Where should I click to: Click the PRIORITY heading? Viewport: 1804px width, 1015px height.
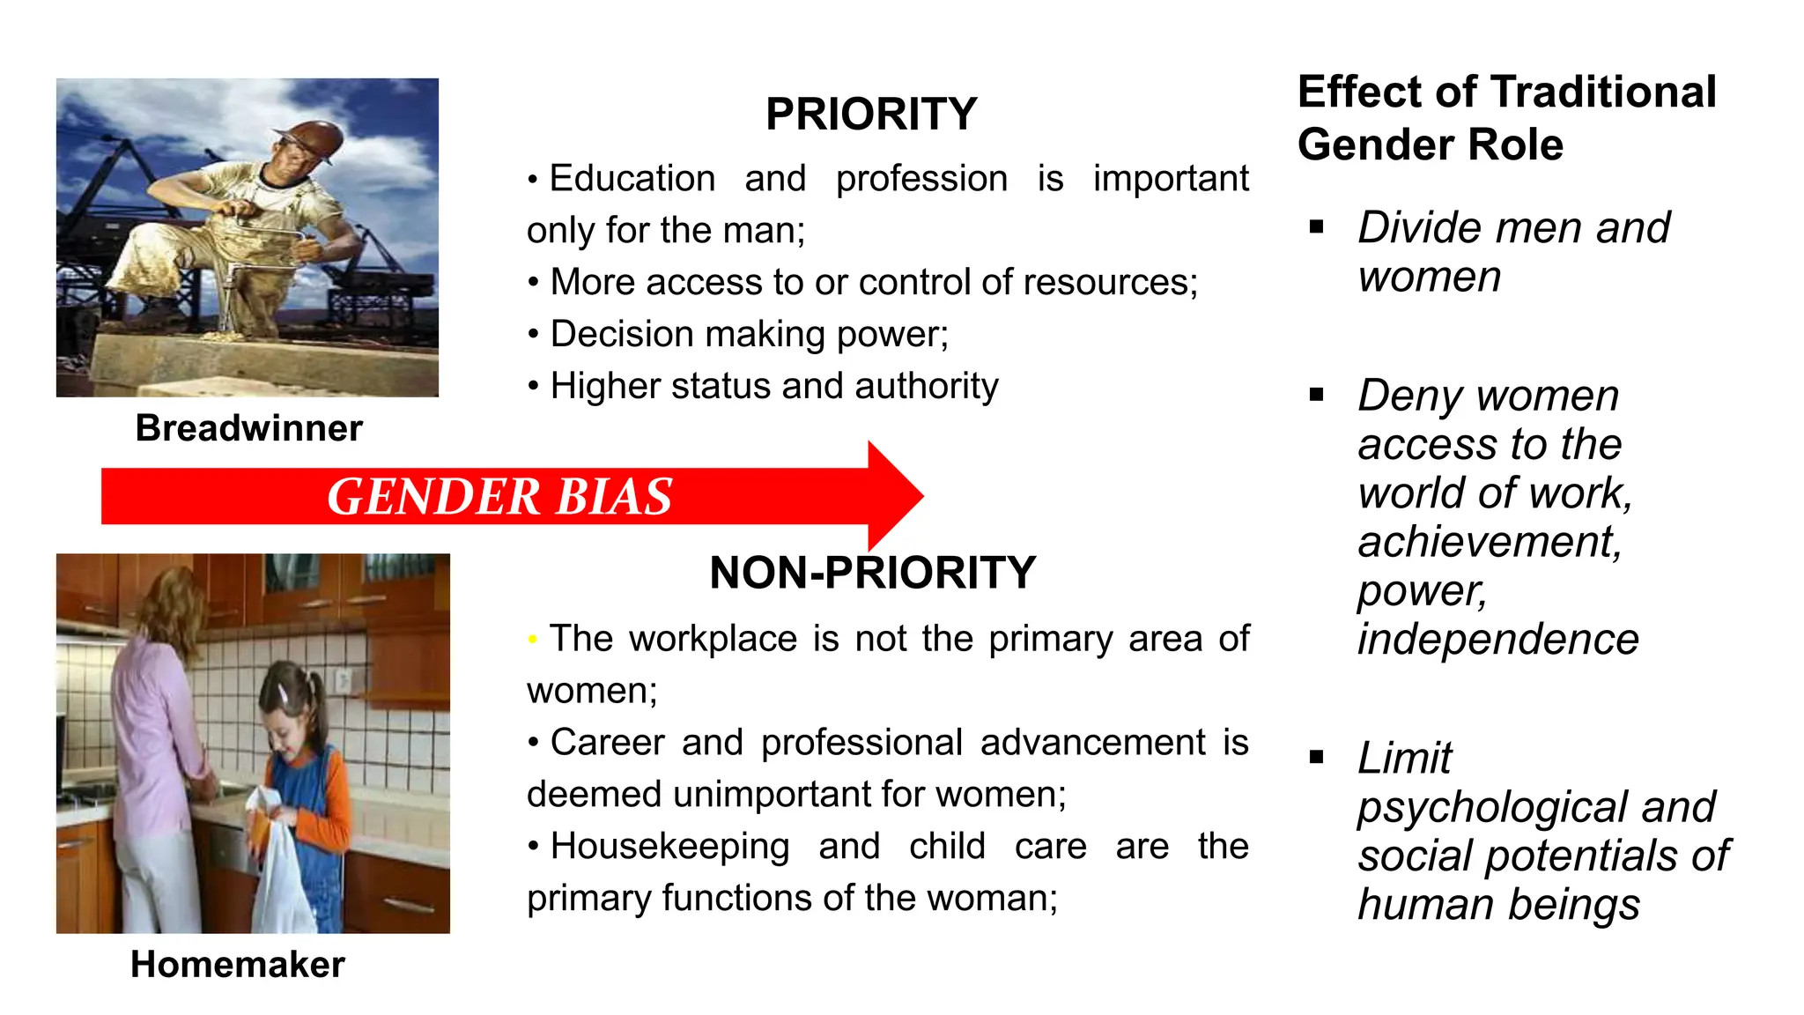(871, 115)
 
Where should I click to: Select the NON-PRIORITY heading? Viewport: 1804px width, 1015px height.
(872, 574)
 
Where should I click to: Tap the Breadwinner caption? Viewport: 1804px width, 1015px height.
(248, 428)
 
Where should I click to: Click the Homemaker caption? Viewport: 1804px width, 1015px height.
(238, 965)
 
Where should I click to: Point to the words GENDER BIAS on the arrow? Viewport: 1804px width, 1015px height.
(499, 496)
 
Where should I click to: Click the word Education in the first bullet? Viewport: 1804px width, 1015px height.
(632, 179)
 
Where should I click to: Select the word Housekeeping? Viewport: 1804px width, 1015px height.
(669, 847)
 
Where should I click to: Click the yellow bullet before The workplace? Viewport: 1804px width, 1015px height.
(533, 639)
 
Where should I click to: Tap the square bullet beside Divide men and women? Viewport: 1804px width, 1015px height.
(1317, 227)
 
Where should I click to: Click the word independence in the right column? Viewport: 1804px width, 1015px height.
(1497, 640)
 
